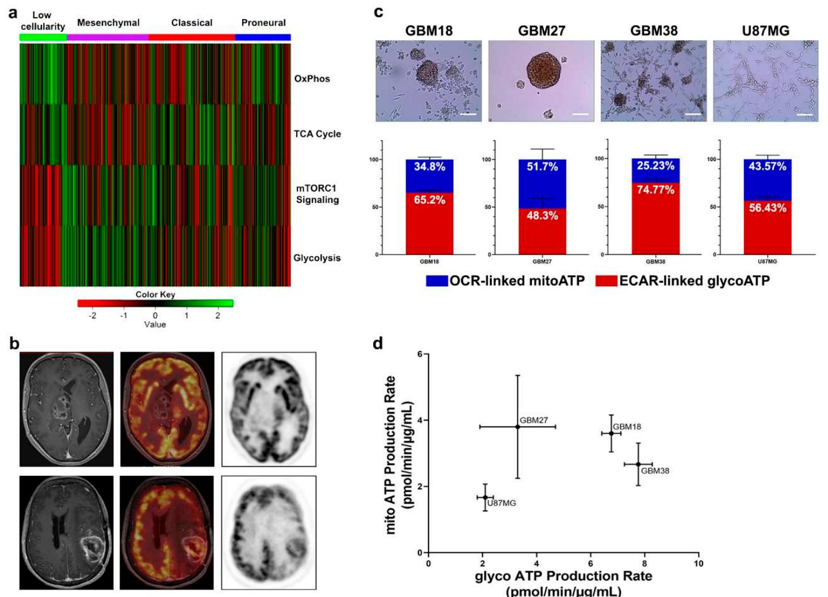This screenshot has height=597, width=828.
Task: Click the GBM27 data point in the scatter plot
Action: pos(517,427)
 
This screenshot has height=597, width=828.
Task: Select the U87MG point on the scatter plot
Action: pos(485,498)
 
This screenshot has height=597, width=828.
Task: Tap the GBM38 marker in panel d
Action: pos(638,464)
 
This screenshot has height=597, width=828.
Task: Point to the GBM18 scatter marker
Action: pos(611,433)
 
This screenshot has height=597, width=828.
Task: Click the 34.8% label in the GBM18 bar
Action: pos(430,167)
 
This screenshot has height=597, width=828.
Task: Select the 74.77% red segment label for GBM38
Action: pos(655,190)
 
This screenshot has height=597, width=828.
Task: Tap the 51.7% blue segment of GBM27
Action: pos(542,167)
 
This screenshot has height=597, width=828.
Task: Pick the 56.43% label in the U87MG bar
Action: pos(768,208)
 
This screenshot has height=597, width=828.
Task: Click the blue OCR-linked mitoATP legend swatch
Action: pos(436,281)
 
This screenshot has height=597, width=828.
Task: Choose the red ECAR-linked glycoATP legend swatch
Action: pos(606,281)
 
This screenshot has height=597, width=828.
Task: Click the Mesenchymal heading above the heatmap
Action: pos(108,23)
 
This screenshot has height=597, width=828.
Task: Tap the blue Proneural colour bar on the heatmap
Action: pos(263,37)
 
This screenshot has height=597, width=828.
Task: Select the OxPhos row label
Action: pos(312,79)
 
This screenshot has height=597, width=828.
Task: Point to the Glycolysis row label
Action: pos(317,258)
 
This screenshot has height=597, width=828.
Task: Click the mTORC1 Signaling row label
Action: pos(317,194)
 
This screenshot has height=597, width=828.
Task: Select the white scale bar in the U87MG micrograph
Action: pos(805,115)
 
